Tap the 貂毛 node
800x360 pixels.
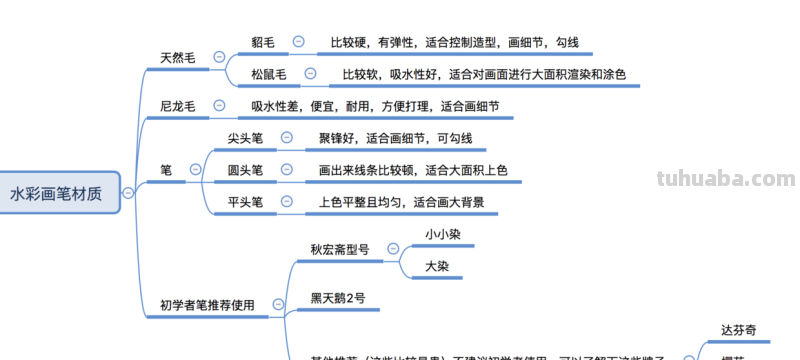[x=264, y=42]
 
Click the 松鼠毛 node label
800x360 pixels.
[x=269, y=74]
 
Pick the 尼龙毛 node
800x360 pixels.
[x=177, y=106]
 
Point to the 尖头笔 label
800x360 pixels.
[x=246, y=138]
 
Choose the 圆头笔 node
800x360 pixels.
[x=246, y=170]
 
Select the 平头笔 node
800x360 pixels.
[x=246, y=202]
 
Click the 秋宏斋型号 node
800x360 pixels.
[x=339, y=250]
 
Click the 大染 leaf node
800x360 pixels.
[x=436, y=267]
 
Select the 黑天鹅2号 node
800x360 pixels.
[x=338, y=298]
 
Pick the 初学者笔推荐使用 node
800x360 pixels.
[x=207, y=305]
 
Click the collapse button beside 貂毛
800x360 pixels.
[x=298, y=42]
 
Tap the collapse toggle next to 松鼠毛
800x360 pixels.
[x=310, y=74]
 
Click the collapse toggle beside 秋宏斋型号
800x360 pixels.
[x=393, y=250]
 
